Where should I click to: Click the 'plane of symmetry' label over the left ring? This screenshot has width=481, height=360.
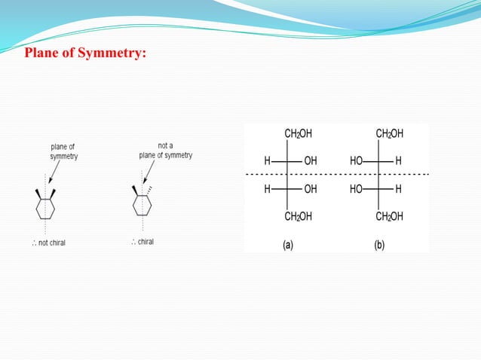point(63,151)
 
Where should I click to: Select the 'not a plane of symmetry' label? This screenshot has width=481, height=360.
point(165,150)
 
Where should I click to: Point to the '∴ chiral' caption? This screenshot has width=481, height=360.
point(142,242)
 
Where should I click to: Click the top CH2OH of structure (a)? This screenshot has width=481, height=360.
point(299,134)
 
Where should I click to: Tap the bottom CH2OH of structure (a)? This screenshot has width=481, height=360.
point(299,217)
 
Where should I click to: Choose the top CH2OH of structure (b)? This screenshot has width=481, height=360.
point(390,134)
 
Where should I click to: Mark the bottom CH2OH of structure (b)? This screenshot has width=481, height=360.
point(390,217)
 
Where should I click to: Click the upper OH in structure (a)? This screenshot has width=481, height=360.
point(311,161)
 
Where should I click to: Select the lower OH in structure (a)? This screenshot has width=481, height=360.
point(311,189)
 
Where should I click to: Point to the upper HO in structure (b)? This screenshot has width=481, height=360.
point(357,161)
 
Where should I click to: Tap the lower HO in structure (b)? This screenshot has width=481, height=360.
point(357,189)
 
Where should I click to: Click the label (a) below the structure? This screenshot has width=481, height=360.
point(288,245)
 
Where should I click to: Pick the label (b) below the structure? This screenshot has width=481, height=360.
point(379,245)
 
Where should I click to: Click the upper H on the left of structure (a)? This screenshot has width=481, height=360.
point(267,161)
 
